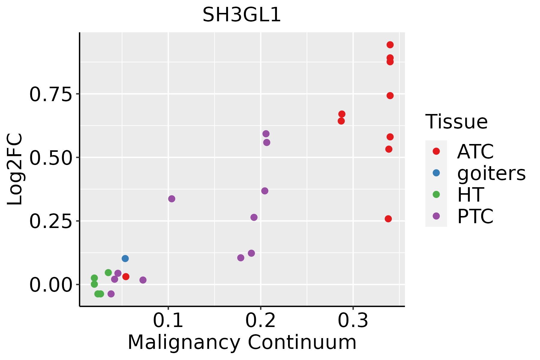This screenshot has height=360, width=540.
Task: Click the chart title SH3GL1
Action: [x=242, y=15]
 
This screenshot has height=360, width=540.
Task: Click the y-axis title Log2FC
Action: [x=15, y=169]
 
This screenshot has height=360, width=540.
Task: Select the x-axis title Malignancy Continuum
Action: [x=242, y=342]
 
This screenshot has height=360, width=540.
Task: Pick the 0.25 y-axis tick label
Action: [x=51, y=221]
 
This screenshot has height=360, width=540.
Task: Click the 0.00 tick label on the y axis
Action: [x=51, y=285]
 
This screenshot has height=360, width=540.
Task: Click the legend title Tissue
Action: [x=456, y=122]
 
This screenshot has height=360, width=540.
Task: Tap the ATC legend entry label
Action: [x=475, y=151]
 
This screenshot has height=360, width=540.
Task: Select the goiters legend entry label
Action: [x=491, y=173]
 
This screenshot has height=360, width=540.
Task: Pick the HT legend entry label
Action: [x=470, y=195]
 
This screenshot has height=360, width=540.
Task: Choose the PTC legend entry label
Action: [x=475, y=216]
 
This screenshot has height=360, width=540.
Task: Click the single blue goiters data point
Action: [x=125, y=259]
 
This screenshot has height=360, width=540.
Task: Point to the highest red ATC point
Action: [x=390, y=45]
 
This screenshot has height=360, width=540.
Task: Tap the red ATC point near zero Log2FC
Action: [x=126, y=277]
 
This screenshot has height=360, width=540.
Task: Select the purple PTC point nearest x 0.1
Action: [x=172, y=199]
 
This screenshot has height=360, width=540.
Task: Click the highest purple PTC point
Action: [x=266, y=134]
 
